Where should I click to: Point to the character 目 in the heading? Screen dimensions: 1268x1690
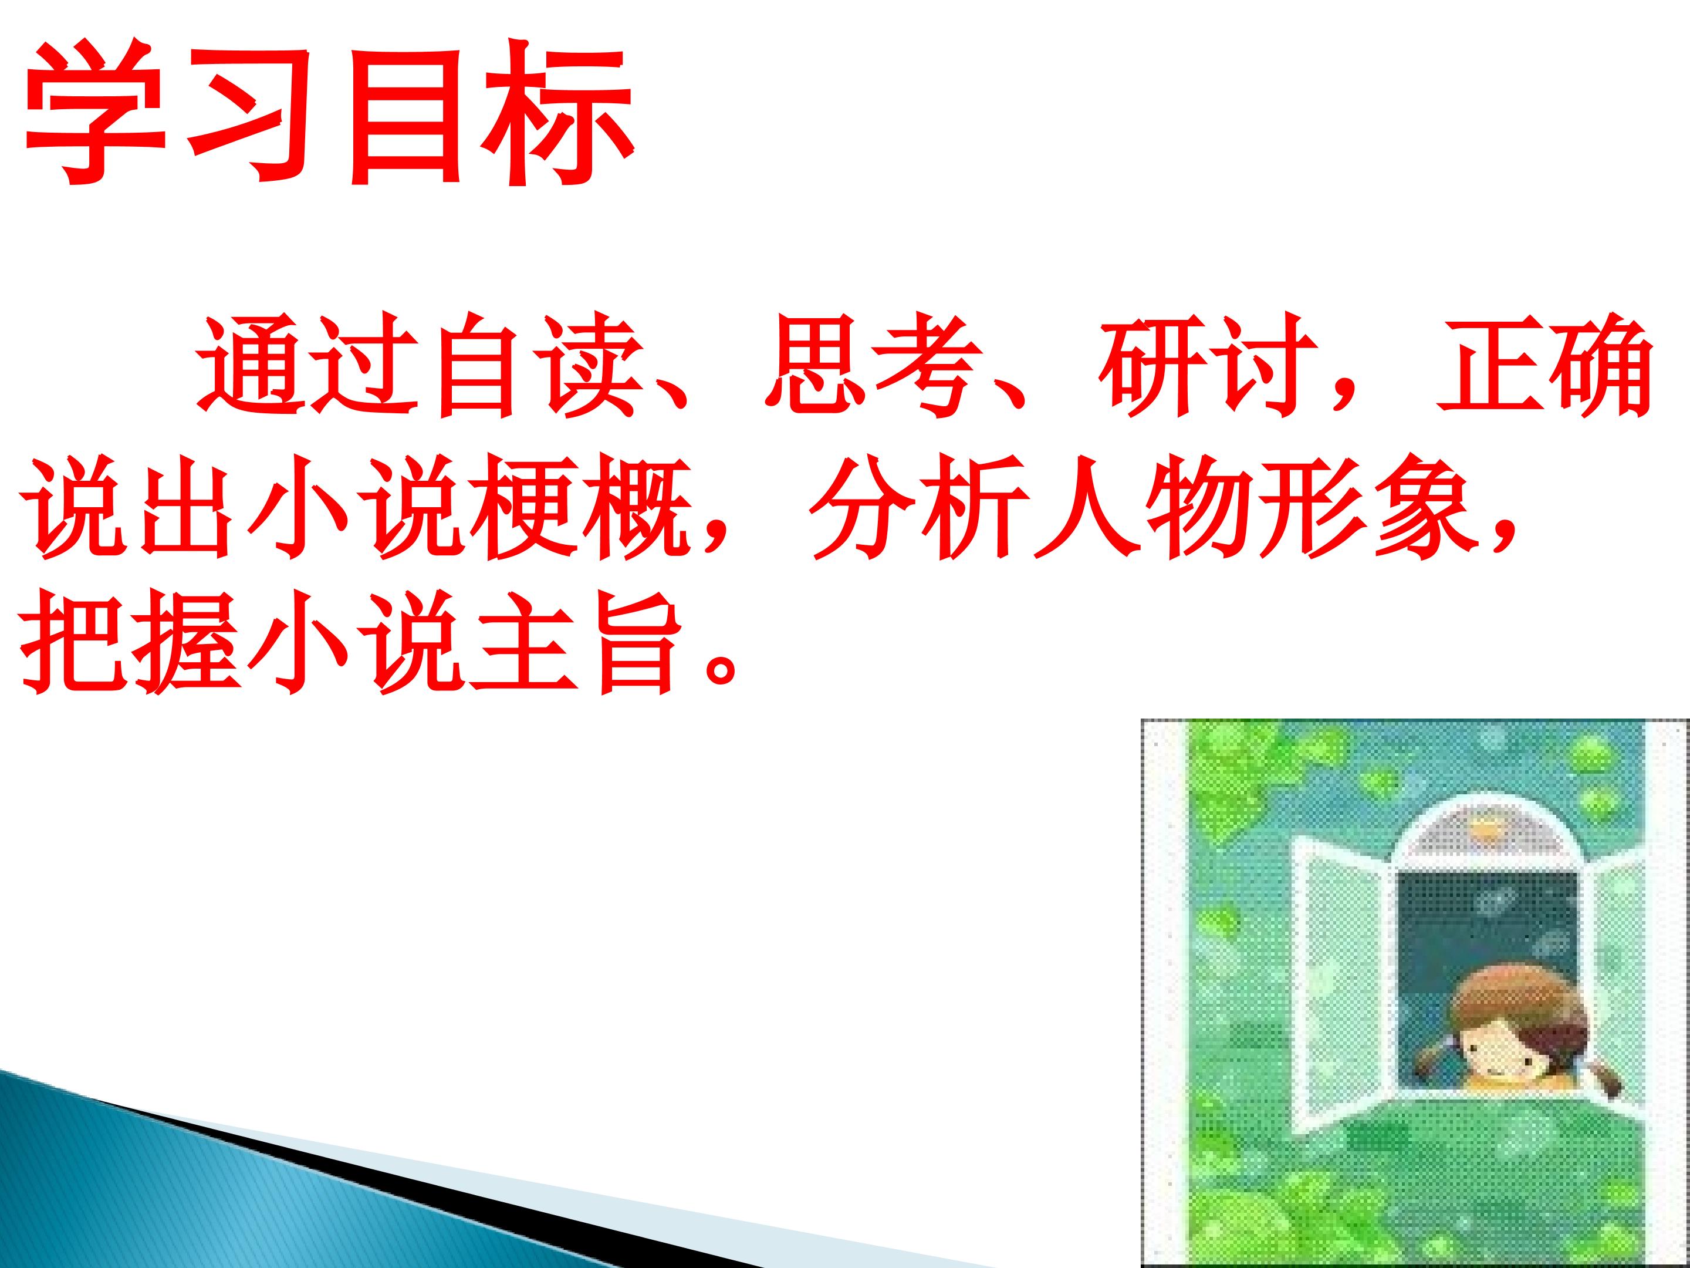(x=405, y=114)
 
